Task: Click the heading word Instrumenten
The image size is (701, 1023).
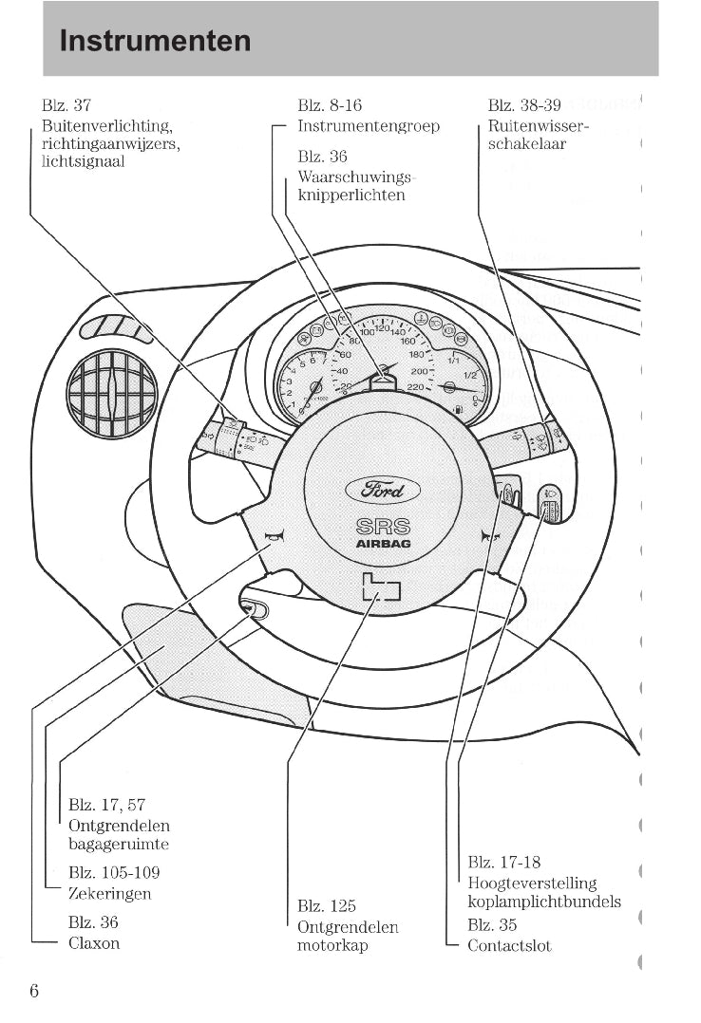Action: coord(155,41)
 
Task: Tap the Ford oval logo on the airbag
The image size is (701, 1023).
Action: coord(383,490)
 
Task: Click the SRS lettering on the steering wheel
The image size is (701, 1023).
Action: coord(383,526)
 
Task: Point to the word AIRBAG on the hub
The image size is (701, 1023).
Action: coord(383,544)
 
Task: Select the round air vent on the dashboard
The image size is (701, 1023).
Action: coord(112,394)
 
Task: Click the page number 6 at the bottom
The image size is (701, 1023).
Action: coord(34,991)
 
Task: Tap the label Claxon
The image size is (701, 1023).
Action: coord(94,943)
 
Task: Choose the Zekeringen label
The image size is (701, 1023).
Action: coord(109,893)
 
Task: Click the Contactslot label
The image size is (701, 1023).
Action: coord(509,945)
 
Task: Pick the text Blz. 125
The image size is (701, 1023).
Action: coord(327,906)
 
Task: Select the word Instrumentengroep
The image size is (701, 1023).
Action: coord(369,126)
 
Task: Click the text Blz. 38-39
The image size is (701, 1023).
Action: coord(524,105)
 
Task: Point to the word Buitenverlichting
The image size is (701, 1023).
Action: coord(106,126)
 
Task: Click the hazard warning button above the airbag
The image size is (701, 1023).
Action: coord(382,381)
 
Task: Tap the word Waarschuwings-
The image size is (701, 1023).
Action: coord(357,177)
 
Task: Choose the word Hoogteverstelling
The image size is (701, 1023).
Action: coord(532,883)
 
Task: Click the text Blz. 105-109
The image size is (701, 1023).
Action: coord(114,872)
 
